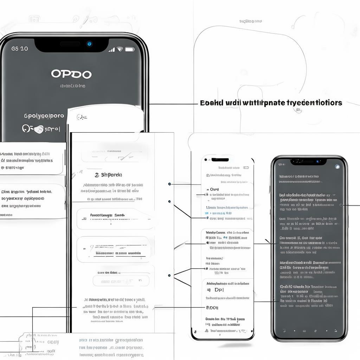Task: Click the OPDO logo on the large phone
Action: click(71, 74)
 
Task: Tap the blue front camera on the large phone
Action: click(89, 44)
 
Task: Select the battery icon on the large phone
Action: click(130, 49)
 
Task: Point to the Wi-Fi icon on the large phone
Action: click(120, 49)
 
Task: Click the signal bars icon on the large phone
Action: click(111, 50)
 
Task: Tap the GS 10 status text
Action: click(20, 49)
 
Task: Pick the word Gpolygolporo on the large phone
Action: click(44, 116)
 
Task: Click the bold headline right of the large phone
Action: click(271, 103)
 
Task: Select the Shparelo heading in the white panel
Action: click(109, 175)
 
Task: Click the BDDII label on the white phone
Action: click(212, 307)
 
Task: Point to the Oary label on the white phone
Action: click(214, 189)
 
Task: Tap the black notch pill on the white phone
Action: click(220, 160)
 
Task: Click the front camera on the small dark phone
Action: click(317, 161)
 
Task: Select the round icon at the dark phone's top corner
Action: click(337, 167)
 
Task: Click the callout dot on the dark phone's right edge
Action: click(341, 205)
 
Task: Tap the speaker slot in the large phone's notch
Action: click(70, 44)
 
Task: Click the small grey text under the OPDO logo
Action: click(72, 85)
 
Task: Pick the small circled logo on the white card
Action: click(82, 117)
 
